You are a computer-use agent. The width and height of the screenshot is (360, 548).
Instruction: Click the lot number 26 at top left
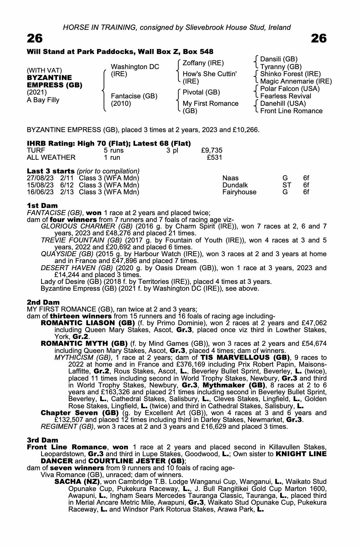click(x=35, y=39)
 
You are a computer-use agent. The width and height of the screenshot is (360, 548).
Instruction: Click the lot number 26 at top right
click(x=319, y=39)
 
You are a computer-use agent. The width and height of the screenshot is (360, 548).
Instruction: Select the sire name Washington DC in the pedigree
click(x=135, y=67)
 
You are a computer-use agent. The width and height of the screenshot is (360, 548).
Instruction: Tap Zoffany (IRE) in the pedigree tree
click(x=203, y=63)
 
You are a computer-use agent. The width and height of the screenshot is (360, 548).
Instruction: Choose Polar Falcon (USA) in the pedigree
click(x=290, y=89)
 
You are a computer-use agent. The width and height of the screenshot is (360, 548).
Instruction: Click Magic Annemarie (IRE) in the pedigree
click(x=296, y=81)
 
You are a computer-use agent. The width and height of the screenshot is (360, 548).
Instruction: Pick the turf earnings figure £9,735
click(x=212, y=150)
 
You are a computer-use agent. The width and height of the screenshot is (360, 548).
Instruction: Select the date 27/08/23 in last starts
click(x=40, y=178)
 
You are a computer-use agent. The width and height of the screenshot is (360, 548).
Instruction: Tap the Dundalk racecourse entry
click(x=235, y=185)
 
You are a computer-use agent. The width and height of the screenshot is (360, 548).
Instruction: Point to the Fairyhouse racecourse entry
click(x=239, y=192)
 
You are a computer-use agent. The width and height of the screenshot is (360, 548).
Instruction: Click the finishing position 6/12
click(x=67, y=185)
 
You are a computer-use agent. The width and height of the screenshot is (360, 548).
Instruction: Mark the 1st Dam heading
click(x=42, y=206)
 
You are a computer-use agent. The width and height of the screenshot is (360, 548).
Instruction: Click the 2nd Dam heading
click(x=43, y=302)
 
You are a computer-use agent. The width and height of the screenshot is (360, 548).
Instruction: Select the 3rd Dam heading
click(x=43, y=440)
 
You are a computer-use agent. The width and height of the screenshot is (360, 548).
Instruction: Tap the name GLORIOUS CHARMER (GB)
click(x=87, y=226)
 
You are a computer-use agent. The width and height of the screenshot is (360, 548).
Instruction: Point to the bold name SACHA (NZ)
click(x=77, y=482)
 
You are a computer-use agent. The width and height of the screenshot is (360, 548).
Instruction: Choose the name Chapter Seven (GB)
click(x=79, y=413)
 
